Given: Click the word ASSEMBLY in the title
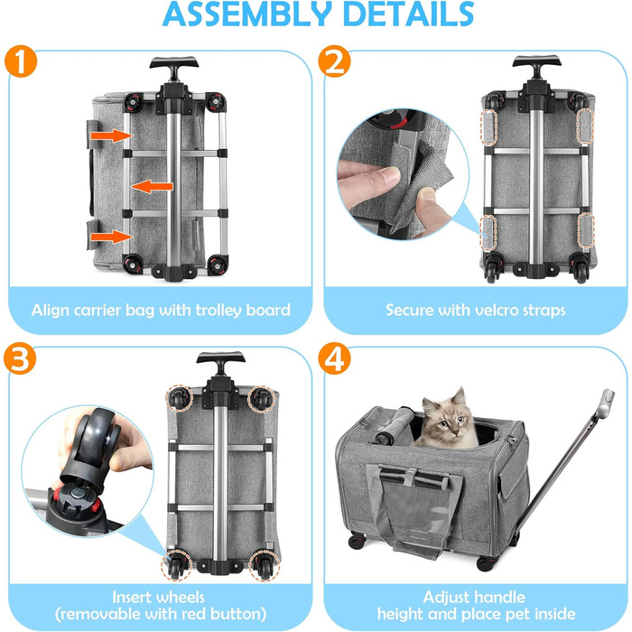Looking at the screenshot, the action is coord(247,14).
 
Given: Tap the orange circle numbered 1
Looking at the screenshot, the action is coord(21,60).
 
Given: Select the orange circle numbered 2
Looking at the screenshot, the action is coord(334,60).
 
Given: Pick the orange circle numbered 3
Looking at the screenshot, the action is coord(20,358).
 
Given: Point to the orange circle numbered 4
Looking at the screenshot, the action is coord(334,358).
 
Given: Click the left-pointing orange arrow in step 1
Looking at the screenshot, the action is coord(152,187).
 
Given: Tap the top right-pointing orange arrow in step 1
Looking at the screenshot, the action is coord(112,135).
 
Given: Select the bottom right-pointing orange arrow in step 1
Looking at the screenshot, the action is coord(112,237).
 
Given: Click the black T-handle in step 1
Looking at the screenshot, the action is coord(174,66).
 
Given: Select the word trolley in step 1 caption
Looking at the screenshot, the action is coord(218,311).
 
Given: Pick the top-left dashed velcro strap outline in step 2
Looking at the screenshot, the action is coord(489,126).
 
